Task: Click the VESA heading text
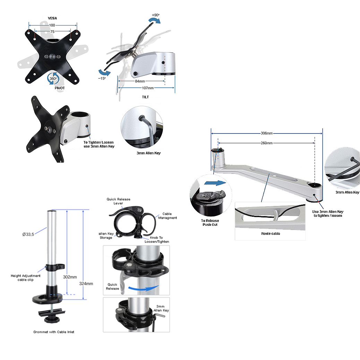tap(52, 18)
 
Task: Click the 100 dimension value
tap(52, 25)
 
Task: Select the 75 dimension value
tap(52, 32)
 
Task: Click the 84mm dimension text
tap(140, 82)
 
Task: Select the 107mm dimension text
tap(146, 88)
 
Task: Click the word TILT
tap(146, 97)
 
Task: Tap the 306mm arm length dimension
tap(266, 133)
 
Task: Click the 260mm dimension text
tap(266, 143)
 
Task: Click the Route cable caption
tap(271, 233)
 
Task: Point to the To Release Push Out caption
tap(210, 223)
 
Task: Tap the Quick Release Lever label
tap(119, 201)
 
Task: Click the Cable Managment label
tap(168, 216)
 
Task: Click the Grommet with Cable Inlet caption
tap(54, 332)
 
